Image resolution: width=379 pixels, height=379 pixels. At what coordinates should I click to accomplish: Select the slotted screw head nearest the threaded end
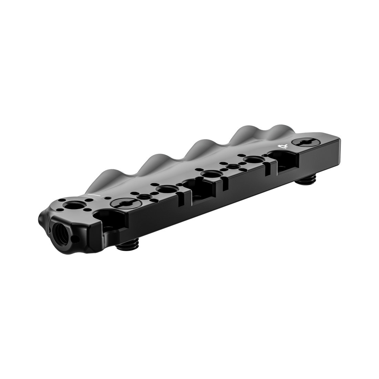pyautogui.click(x=121, y=203)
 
